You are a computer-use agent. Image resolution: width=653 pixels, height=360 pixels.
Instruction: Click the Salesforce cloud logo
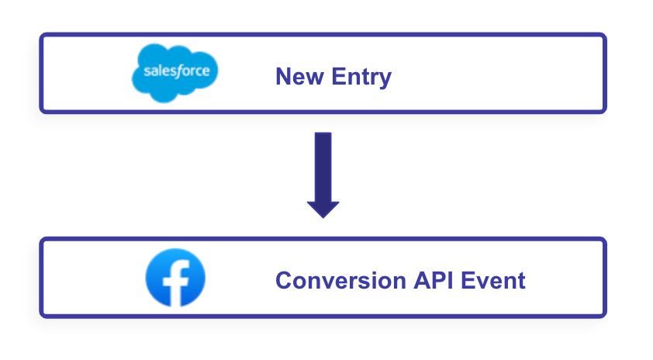tap(175, 73)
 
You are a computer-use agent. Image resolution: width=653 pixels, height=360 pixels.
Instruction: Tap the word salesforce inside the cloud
tap(177, 71)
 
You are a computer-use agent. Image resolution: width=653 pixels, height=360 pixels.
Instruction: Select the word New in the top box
tap(300, 76)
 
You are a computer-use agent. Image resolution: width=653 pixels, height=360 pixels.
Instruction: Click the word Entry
tap(361, 78)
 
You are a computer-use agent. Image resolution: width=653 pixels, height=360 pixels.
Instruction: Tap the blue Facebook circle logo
tap(175, 278)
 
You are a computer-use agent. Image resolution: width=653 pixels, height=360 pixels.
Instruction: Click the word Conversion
tap(340, 280)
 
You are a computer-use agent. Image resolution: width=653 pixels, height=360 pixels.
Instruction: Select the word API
tap(433, 280)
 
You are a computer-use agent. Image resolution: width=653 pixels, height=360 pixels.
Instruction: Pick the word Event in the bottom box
tap(493, 280)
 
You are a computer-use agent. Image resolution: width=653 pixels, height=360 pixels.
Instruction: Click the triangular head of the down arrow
tap(323, 209)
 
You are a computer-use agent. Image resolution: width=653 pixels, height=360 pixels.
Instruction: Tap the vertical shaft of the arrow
tap(323, 167)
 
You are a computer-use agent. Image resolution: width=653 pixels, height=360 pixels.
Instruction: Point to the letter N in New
tap(284, 76)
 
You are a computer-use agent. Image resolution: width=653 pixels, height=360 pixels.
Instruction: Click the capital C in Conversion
tap(285, 280)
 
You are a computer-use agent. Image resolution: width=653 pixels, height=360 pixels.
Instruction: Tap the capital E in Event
tap(468, 280)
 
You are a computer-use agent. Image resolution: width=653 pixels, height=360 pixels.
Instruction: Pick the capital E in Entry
tap(339, 76)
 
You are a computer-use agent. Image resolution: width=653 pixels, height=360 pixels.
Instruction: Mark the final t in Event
tap(521, 281)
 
